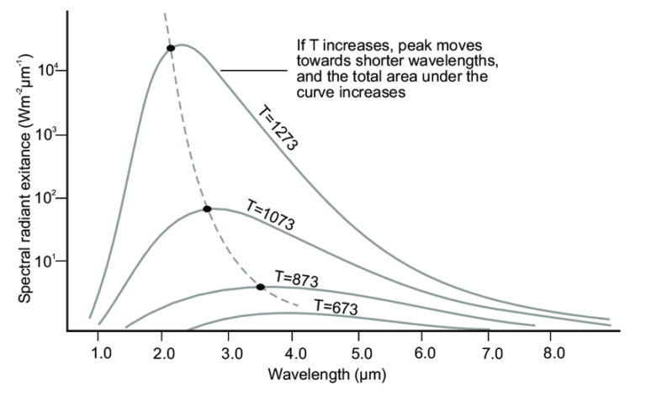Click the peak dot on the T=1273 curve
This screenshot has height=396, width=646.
171,48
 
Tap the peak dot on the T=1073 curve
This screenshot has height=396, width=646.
207,209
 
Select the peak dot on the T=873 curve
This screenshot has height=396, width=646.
260,287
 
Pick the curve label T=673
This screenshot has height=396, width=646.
335,307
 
